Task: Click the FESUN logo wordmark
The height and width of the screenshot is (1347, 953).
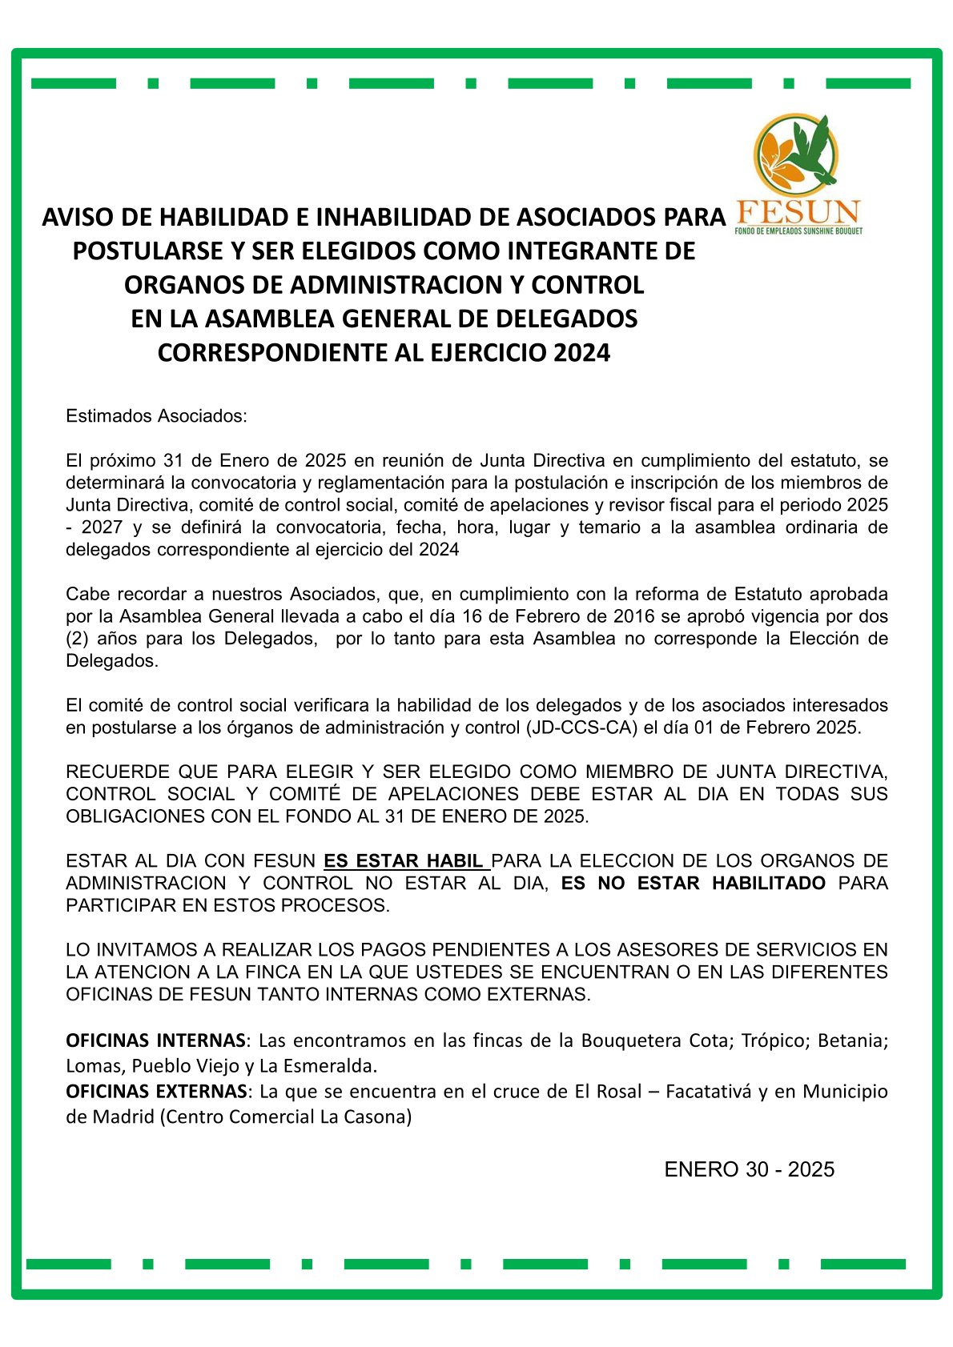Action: click(798, 212)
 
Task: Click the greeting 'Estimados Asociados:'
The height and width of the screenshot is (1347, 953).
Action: click(157, 416)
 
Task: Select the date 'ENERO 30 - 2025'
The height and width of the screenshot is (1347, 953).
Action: click(749, 1169)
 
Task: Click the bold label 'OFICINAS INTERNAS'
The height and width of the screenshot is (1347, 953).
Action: click(155, 1040)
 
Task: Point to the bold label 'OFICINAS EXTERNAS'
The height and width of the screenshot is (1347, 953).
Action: click(156, 1091)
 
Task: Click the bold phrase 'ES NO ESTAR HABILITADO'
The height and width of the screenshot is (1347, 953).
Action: click(693, 884)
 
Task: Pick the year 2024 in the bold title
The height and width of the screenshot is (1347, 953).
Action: click(582, 353)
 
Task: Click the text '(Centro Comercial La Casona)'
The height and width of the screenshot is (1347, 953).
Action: click(286, 1116)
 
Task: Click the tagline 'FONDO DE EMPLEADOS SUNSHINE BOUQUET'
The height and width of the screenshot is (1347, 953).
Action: click(798, 231)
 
